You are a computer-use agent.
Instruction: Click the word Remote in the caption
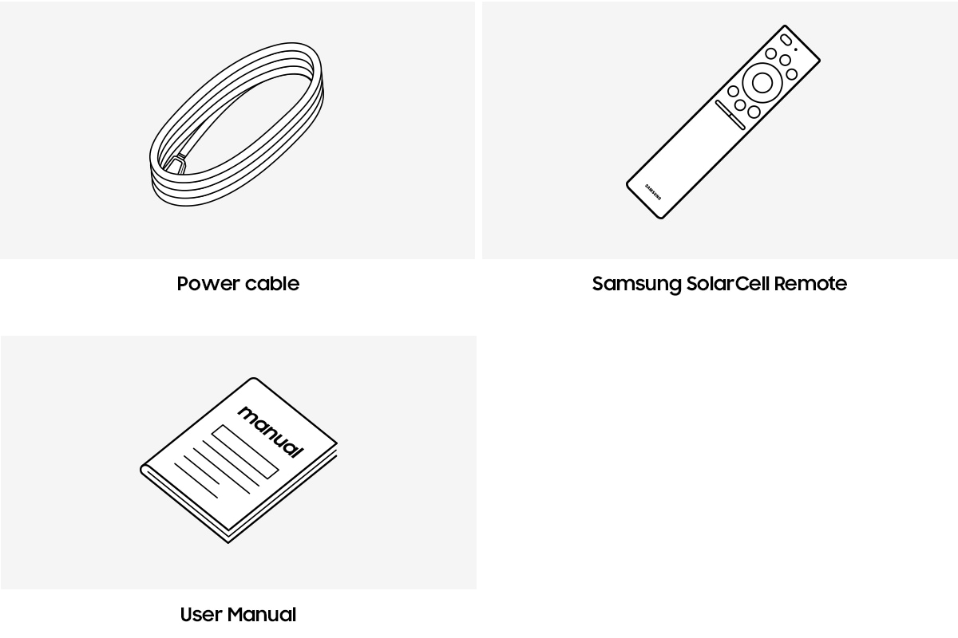(x=810, y=284)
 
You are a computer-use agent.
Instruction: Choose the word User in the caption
(x=201, y=615)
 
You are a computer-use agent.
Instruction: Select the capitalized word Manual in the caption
(x=262, y=615)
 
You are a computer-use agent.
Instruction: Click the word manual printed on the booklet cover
(x=271, y=431)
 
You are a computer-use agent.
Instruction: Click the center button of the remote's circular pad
(x=762, y=82)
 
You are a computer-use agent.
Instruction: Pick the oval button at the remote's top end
(x=786, y=40)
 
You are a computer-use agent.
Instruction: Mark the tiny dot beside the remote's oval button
(x=796, y=49)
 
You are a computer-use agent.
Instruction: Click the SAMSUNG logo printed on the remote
(x=653, y=192)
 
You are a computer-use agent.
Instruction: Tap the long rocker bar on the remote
(x=730, y=115)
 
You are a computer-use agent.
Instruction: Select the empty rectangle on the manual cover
(x=245, y=451)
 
